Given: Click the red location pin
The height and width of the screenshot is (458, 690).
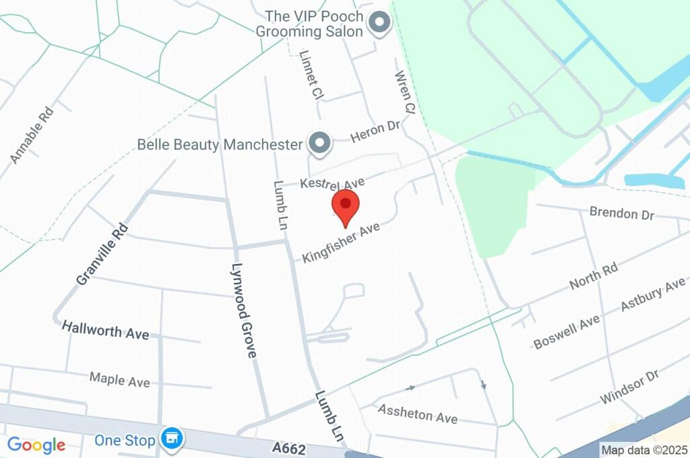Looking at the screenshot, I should coord(346,206).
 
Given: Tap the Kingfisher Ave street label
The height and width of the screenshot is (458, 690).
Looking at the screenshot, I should coord(342,242).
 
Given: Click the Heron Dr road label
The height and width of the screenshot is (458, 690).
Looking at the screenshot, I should coord(375,131).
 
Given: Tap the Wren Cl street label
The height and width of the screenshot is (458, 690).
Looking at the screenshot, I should coord(406,92).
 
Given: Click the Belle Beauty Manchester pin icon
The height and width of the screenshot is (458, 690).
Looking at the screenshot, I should coord(319,143).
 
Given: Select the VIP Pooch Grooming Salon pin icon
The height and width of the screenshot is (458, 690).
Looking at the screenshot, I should coord(379,24).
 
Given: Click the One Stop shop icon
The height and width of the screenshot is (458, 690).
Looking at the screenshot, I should coord(172,438).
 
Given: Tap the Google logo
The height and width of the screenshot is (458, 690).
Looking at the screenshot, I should coord(36,445).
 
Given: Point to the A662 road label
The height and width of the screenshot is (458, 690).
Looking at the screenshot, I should coord(290,448).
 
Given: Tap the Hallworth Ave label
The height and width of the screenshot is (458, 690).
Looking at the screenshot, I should coord(106,331).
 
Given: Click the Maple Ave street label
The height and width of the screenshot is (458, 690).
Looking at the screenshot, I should coord(120,379).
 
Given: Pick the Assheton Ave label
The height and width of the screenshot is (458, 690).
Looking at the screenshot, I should coord(418,413).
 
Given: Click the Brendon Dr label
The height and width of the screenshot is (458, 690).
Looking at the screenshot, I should coord(622,213).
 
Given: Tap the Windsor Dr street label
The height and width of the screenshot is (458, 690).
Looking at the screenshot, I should coord(629,387).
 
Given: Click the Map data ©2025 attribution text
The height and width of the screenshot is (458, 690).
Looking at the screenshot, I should coord(645,450).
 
